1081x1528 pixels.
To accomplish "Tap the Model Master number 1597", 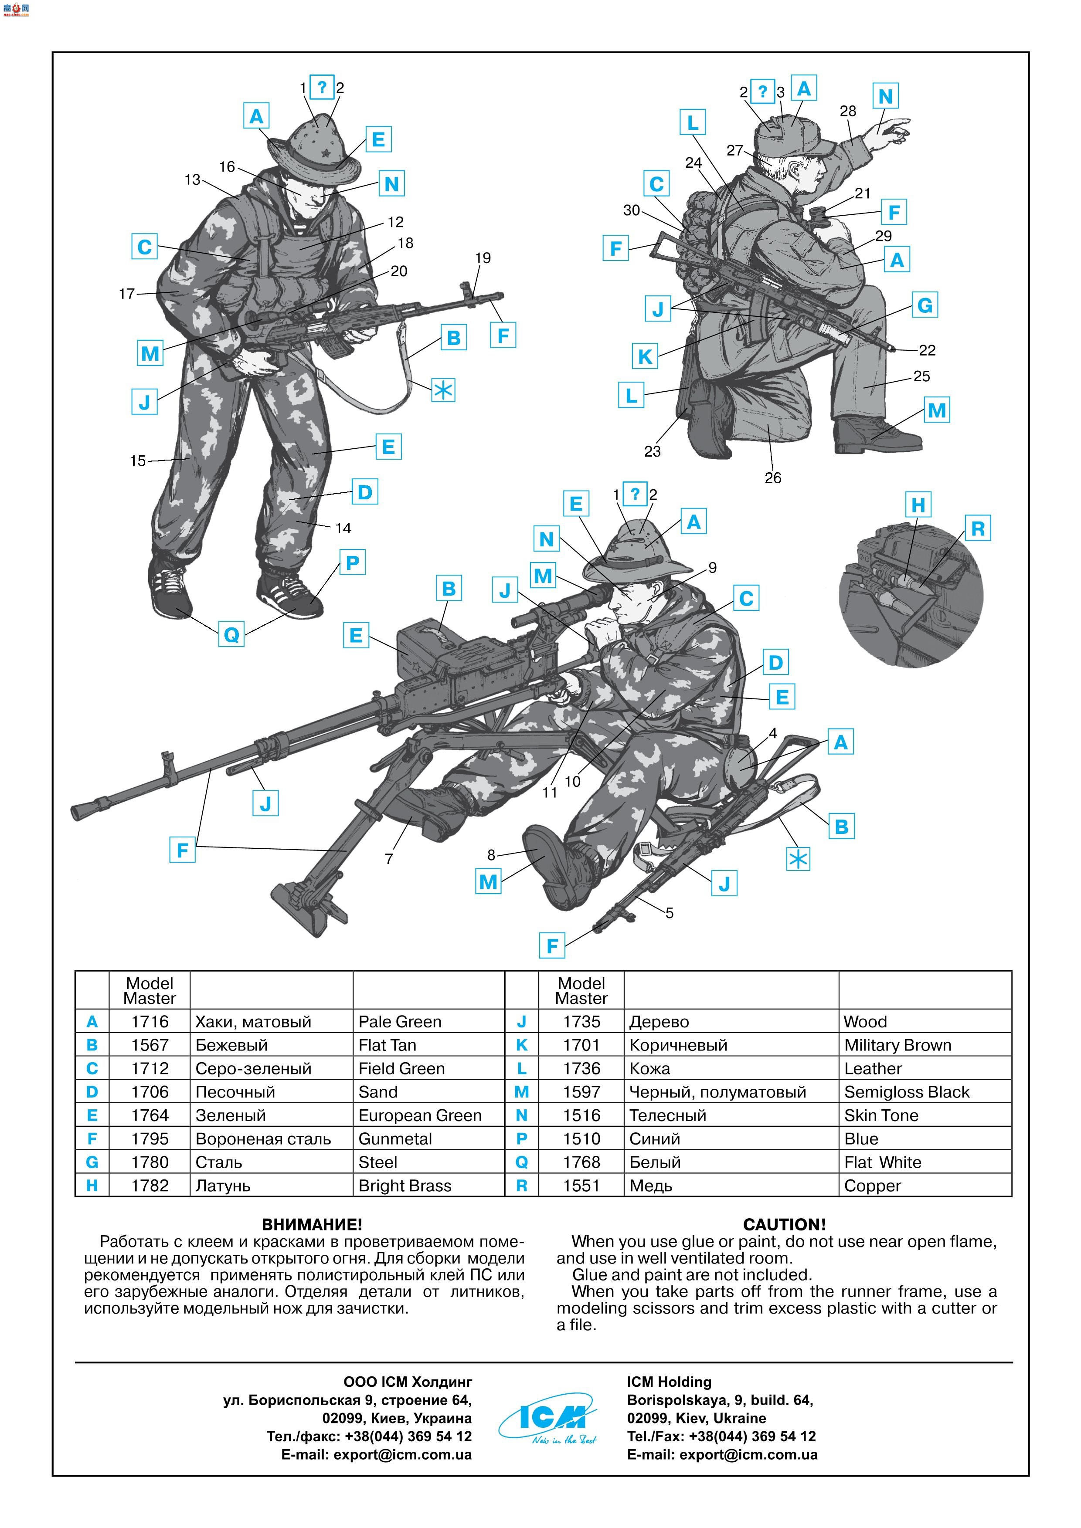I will coord(581,1092).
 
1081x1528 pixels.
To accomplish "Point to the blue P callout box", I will coord(352,563).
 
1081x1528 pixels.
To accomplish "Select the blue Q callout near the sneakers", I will coord(231,634).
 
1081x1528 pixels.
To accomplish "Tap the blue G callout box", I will coord(925,305).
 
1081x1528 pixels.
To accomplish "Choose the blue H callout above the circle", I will coord(918,505).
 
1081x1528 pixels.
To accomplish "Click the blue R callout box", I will coord(977,529).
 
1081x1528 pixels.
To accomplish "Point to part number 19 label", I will coord(483,258).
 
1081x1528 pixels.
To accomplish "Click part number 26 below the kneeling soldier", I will coord(772,478).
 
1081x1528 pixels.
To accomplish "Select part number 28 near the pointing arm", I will coord(847,111).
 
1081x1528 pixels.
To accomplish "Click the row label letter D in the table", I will coord(92,1092).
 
